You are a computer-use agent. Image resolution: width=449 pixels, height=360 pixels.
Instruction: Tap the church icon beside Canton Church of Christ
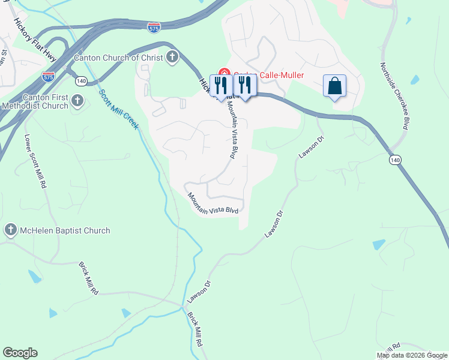pyautogui.click(x=172, y=58)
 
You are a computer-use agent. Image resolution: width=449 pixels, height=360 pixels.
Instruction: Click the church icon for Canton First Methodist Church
pyautogui.click(x=77, y=101)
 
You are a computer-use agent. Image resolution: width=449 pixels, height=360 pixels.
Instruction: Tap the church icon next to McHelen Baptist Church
pyautogui.click(x=10, y=230)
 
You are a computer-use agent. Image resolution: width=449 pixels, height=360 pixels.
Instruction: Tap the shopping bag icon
pyautogui.click(x=334, y=86)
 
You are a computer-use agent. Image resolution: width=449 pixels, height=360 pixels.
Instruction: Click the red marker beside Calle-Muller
pyautogui.click(x=224, y=75)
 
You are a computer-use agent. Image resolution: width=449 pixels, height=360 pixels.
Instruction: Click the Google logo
pyautogui.click(x=20, y=353)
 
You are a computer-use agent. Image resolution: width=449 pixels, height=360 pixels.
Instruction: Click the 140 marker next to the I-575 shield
pyautogui.click(x=82, y=81)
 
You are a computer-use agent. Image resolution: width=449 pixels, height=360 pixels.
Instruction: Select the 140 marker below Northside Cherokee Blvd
pyautogui.click(x=394, y=160)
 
